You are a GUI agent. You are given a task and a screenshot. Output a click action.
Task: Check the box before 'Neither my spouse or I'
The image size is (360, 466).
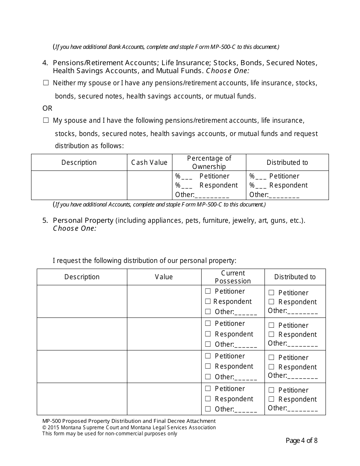(46, 83)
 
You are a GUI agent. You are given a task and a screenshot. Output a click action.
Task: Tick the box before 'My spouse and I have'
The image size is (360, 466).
(46, 120)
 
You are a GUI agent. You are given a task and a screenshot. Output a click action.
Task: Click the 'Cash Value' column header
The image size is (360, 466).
(149, 163)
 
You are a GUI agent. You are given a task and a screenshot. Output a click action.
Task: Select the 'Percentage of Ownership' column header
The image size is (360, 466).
(209, 163)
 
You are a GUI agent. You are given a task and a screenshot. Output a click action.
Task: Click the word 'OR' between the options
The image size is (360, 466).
(47, 108)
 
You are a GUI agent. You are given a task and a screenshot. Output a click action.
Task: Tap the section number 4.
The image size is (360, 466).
(45, 63)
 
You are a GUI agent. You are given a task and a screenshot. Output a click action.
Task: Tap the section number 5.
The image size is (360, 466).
(45, 220)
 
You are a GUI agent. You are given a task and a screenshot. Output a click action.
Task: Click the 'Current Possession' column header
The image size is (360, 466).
(233, 277)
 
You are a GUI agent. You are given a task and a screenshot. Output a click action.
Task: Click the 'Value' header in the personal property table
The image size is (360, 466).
(164, 277)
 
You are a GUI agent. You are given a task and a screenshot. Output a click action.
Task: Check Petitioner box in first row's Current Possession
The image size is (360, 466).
(208, 291)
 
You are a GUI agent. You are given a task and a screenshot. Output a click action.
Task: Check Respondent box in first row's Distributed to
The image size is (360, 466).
(271, 302)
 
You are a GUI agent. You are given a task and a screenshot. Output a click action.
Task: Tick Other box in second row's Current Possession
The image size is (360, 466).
(208, 344)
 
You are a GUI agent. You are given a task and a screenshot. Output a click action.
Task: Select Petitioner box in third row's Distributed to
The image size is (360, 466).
(271, 358)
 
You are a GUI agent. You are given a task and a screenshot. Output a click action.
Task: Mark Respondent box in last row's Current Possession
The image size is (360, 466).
(208, 399)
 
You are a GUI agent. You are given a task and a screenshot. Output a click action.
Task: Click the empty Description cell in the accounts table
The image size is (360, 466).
(79, 185)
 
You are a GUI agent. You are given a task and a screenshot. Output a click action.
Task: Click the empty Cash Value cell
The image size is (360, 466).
(149, 185)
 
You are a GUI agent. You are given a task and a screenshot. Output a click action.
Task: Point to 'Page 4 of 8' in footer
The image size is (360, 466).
(301, 441)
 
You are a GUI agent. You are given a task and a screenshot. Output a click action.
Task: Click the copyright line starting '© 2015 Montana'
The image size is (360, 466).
(129, 427)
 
